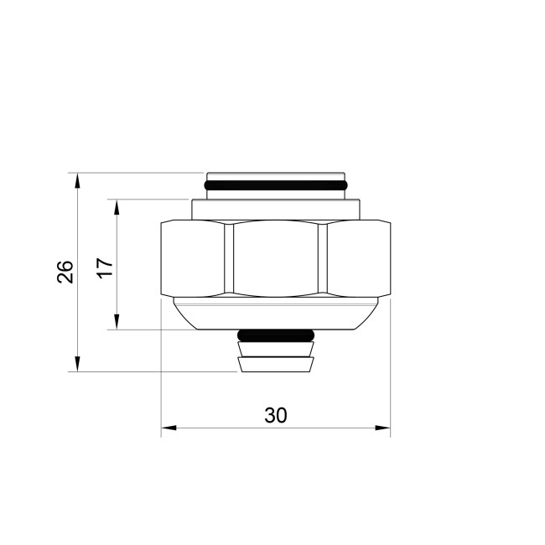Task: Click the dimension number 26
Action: point(65,272)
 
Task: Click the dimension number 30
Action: point(275,415)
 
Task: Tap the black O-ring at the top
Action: point(275,184)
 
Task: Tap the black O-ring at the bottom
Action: point(276,336)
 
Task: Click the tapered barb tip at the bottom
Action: point(276,364)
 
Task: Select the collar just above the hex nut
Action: point(276,208)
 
